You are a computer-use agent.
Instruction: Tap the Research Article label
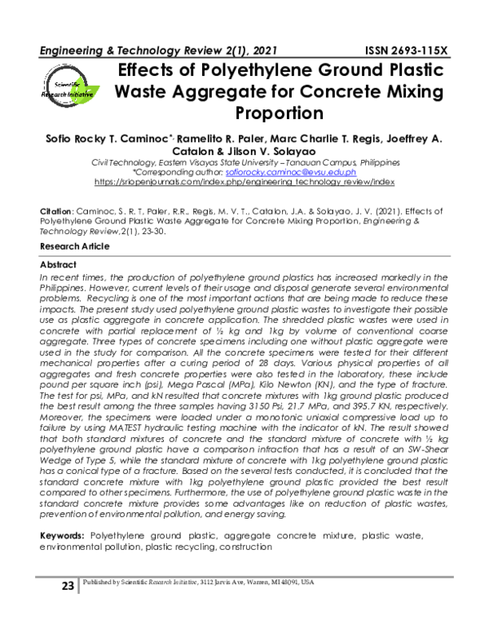74,246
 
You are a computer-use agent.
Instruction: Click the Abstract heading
58,265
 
